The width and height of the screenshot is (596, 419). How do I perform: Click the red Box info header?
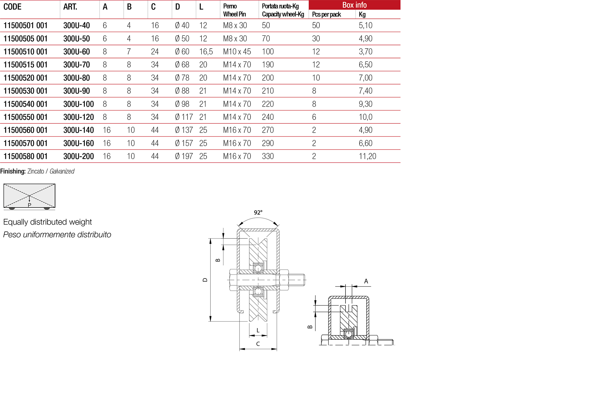point(354,5)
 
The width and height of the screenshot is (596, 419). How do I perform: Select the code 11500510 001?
point(25,52)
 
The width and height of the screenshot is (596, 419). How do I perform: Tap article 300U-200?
point(79,156)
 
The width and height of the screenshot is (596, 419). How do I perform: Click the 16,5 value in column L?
point(206,52)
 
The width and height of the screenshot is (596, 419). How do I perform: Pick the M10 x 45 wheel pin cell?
point(237,52)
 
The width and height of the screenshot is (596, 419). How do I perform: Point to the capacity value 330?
point(268,156)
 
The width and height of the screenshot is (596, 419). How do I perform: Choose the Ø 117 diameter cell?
point(184,117)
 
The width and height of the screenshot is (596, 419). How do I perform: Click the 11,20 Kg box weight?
point(367,156)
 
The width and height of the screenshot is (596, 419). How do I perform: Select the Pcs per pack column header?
point(326,14)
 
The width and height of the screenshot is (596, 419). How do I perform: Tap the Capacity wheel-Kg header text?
point(283,14)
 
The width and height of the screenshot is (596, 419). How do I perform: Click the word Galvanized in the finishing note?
point(62,171)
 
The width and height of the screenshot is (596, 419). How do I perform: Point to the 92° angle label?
point(258,212)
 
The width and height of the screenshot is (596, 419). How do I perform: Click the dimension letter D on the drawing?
point(205,280)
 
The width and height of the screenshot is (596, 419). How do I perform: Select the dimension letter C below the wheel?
point(258,344)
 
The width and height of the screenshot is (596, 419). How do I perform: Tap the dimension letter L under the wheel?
point(258,330)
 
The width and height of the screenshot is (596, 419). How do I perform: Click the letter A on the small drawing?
point(366,281)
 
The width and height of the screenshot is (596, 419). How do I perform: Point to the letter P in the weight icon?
point(29,205)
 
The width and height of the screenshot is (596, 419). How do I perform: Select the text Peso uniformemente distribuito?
point(57,235)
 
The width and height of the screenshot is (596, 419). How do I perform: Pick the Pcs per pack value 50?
point(316,25)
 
